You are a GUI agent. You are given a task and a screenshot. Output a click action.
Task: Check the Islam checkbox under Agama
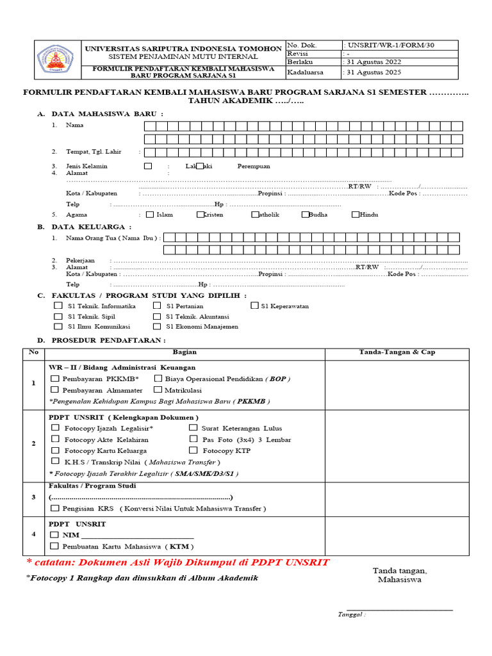click(150, 215)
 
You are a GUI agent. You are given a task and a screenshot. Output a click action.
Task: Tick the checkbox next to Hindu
click(356, 215)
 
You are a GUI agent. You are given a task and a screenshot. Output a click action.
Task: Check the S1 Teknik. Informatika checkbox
click(58, 306)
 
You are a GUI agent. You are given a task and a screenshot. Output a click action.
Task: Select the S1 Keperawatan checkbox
click(254, 306)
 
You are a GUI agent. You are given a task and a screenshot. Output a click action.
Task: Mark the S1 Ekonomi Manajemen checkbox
click(157, 326)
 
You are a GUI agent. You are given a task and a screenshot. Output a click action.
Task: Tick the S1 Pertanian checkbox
click(157, 306)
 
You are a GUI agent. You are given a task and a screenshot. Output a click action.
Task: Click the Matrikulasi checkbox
click(158, 389)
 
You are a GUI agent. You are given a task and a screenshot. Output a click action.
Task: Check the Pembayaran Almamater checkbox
click(54, 389)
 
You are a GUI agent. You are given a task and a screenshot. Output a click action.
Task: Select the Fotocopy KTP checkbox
click(193, 450)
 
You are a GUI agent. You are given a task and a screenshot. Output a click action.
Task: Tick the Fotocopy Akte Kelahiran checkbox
click(54, 439)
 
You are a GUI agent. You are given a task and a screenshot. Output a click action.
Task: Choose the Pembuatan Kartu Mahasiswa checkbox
click(54, 546)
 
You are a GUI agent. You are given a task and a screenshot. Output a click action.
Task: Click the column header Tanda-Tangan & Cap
click(397, 352)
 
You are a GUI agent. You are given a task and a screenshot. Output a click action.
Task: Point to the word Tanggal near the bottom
click(352, 614)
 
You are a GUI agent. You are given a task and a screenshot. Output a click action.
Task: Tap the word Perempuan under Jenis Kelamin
click(254, 166)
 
